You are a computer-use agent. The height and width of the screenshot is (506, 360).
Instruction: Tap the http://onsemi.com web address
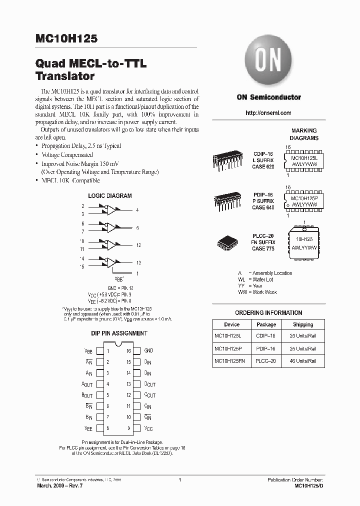pos(268,113)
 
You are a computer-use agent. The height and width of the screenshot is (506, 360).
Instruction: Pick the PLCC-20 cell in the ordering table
pos(266,360)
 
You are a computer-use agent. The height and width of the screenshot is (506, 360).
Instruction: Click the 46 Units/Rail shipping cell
pos(303,360)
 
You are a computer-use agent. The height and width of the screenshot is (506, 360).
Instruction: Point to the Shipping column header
pos(303,324)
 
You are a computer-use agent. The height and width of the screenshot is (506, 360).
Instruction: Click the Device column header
pos(232,324)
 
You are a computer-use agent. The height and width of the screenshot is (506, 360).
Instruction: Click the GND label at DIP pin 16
pos(148,351)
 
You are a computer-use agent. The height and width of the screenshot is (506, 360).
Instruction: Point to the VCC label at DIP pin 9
pos(148,428)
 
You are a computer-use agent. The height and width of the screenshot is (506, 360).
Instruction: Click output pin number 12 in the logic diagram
pos(138,245)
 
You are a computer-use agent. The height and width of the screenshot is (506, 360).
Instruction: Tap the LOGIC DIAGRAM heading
pos(110,196)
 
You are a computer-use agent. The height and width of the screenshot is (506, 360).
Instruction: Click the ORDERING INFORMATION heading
pos(268,313)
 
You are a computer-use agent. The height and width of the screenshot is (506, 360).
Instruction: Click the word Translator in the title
pos(65,77)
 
